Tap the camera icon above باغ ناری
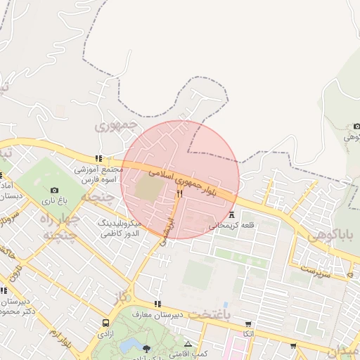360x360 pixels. [55, 190]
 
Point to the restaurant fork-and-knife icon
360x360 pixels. [180, 194]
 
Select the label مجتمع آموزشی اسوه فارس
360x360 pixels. [98, 175]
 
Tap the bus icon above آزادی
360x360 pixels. [105, 323]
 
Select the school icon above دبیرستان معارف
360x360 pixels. [157, 304]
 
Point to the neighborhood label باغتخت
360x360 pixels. [210, 314]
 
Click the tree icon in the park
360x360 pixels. [146, 348]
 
